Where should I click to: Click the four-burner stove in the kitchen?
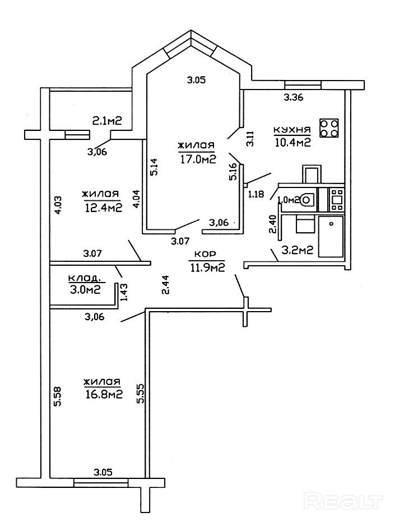point(329,128)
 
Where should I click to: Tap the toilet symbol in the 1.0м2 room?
point(306,198)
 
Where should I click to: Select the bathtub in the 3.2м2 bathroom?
point(330,237)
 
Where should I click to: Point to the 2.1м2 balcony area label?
point(107,120)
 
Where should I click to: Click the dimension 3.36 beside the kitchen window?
point(294,98)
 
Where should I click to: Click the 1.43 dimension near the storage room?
point(124,292)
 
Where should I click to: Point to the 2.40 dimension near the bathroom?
point(273,224)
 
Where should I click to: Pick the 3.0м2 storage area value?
point(85,289)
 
